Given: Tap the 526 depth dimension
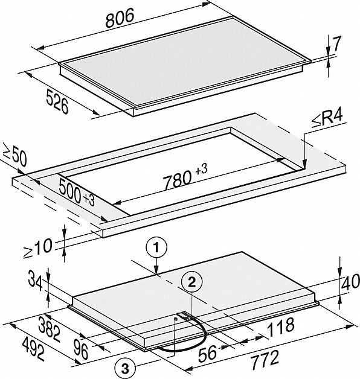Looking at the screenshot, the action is [x=57, y=101].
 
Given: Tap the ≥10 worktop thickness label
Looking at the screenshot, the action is [x=38, y=249].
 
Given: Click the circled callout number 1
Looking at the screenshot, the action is [x=156, y=248].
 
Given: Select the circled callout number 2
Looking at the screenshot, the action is [x=192, y=282].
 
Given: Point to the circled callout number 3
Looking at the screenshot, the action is [x=125, y=369].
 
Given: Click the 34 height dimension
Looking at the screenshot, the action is [x=36, y=281].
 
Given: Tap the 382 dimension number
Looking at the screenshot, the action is [x=50, y=329].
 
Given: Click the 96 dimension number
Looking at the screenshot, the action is [x=81, y=349].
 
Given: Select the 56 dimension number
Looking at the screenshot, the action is [x=207, y=354].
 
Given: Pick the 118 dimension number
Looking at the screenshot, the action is [x=281, y=328].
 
